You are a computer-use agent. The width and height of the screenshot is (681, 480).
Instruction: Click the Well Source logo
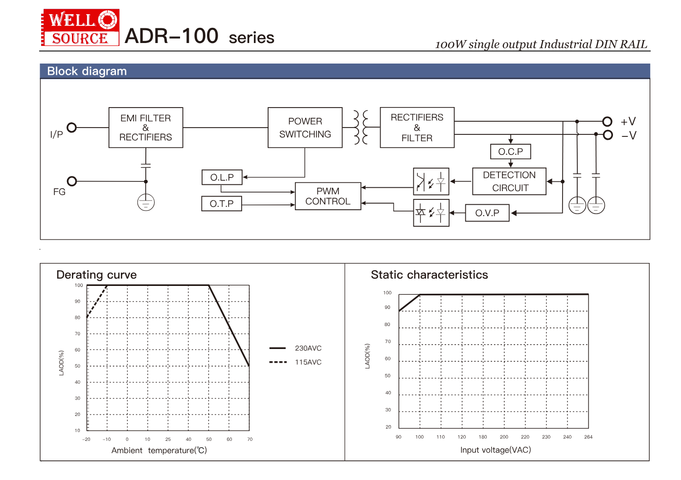[81, 28]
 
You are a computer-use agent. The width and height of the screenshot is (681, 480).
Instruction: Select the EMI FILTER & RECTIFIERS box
[146, 128]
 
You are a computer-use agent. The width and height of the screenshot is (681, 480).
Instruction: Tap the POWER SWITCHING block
[305, 128]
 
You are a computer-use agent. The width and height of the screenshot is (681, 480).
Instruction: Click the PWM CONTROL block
[328, 196]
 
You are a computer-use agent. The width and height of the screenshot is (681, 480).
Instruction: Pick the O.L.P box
[222, 177]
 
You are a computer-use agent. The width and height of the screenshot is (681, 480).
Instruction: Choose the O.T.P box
[222, 203]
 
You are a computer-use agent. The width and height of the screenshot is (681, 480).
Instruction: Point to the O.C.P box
[510, 152]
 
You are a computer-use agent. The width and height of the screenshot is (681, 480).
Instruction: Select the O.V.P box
[487, 213]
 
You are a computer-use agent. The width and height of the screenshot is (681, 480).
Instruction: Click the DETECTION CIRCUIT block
[509, 181]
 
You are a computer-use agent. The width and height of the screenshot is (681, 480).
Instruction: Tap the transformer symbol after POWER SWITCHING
[361, 127]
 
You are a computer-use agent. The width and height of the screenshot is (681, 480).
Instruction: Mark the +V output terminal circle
[607, 121]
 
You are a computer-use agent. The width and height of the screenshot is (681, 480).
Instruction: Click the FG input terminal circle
[72, 181]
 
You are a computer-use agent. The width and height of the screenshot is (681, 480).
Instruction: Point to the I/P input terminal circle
[72, 128]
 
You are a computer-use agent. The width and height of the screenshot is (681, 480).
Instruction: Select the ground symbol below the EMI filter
[146, 202]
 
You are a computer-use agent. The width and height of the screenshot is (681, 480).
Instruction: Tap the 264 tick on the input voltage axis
[588, 437]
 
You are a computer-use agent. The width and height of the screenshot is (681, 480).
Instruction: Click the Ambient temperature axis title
[159, 450]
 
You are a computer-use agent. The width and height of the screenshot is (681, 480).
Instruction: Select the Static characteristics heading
[429, 275]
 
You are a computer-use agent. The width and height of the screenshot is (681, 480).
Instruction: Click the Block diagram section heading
[87, 71]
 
